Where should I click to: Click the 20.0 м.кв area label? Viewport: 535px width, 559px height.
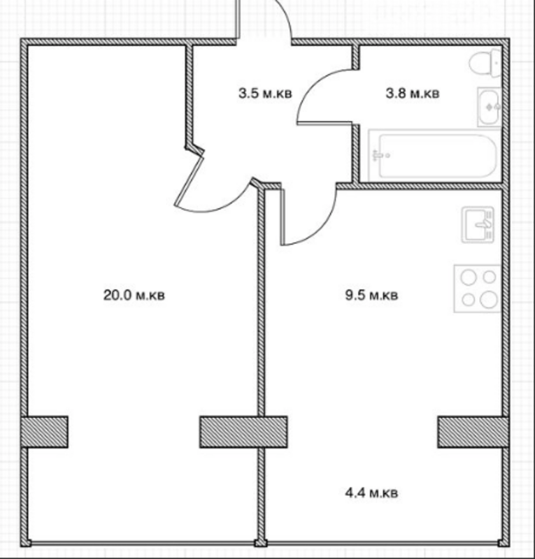click(134, 295)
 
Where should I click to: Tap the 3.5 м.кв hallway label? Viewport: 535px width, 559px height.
click(265, 94)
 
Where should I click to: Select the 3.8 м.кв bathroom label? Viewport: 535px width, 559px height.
click(412, 94)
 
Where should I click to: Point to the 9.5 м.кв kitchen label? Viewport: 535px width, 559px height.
click(371, 295)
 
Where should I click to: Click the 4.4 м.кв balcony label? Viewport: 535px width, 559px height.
click(371, 493)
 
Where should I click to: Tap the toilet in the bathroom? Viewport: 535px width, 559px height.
click(485, 63)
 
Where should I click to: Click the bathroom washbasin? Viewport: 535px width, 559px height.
click(490, 107)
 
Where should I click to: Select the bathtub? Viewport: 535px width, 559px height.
click(435, 156)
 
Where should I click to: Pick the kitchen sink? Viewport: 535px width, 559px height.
click(478, 224)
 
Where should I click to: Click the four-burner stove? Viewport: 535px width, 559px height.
click(477, 289)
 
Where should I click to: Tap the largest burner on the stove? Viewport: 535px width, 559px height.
click(489, 299)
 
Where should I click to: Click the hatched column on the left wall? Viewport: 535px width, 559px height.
click(44, 432)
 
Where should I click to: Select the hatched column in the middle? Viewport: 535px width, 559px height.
click(243, 432)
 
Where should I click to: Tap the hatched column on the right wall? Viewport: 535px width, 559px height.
click(473, 432)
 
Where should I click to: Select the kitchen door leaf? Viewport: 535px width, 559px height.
click(283, 217)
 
